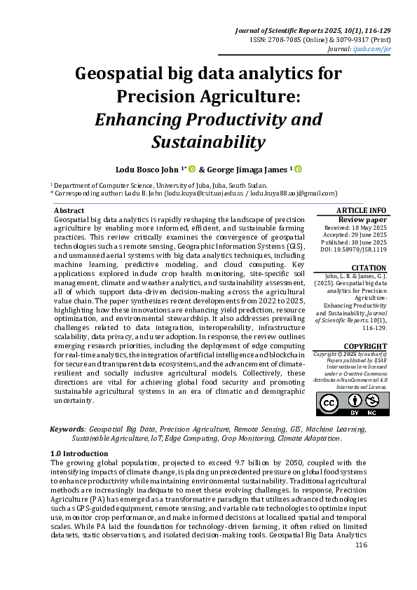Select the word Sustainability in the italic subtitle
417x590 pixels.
pos(208,142)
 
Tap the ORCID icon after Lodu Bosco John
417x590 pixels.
pos(192,169)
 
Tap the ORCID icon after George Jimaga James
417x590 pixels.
pos(298,169)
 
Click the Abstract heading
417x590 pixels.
pos(69,210)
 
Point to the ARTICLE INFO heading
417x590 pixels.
pos(362,210)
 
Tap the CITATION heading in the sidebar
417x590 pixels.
pos(368,268)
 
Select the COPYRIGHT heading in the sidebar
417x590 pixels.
pos(364,346)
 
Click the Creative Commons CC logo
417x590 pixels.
pos(329,402)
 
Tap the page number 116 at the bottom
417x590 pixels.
pos(361,545)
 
